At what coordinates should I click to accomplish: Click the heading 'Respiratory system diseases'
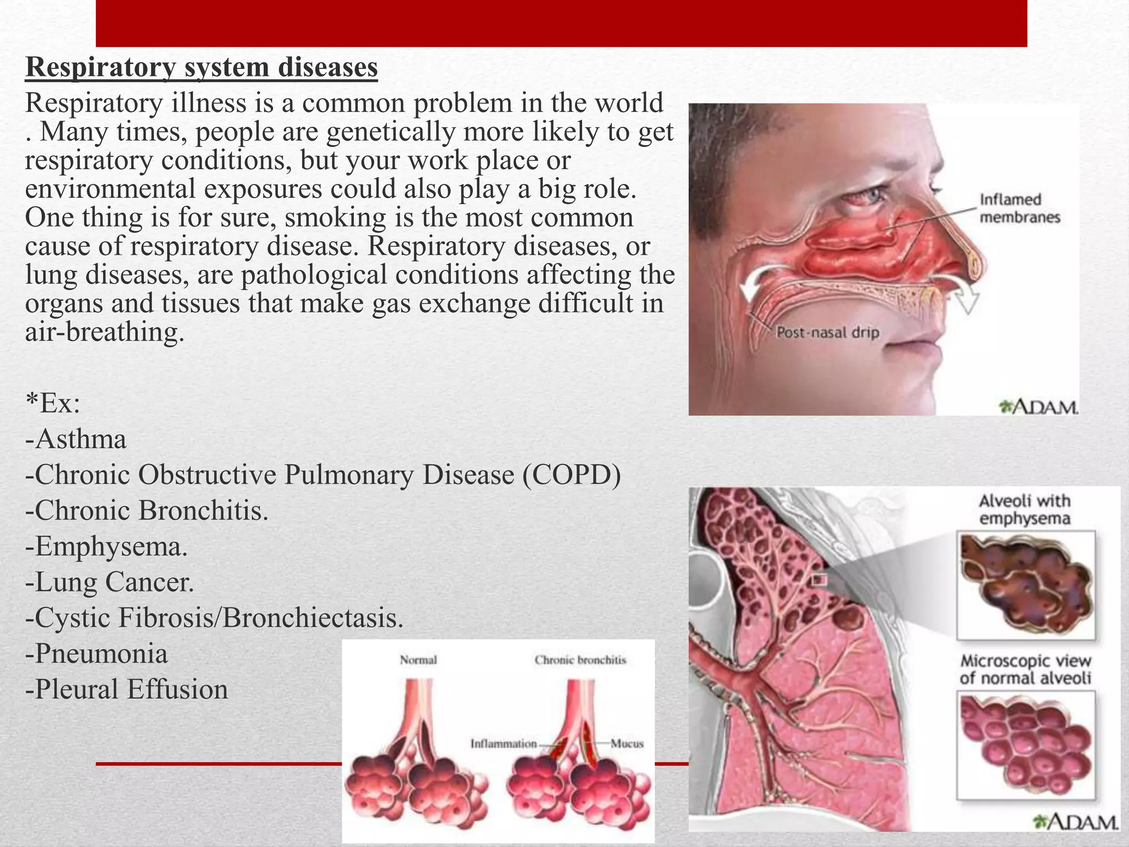coord(201,68)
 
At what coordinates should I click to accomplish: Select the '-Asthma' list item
coord(76,439)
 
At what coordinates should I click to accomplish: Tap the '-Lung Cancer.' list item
coord(110,582)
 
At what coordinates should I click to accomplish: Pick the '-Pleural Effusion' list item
coord(127,690)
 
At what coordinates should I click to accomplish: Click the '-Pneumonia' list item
coord(96,654)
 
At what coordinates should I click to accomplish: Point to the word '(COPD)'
coord(572,475)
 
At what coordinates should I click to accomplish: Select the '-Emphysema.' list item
coord(106,546)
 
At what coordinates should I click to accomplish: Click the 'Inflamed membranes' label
coord(1019,208)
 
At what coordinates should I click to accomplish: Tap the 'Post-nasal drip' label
coord(827,333)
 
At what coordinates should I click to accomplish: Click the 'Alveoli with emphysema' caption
coord(1024,510)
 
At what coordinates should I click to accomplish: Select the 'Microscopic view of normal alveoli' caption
coord(1025,669)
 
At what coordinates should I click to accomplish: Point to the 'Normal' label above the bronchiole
coord(418,660)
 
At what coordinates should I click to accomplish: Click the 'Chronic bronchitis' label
coord(580,660)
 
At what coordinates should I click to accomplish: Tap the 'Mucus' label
coord(627,744)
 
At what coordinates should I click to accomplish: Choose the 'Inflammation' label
coord(503,744)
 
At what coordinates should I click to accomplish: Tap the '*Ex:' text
coord(53,404)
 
